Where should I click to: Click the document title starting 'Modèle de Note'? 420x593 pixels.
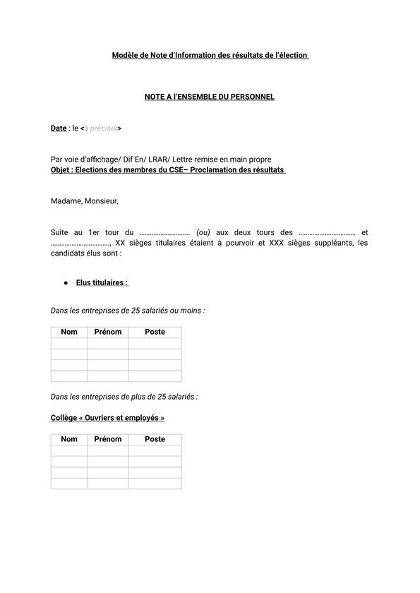[x=210, y=55]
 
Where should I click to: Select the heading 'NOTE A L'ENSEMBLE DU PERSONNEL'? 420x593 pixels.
[x=210, y=97]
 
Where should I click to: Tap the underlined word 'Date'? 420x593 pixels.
[x=58, y=128]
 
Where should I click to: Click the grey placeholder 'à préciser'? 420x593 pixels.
[x=101, y=128]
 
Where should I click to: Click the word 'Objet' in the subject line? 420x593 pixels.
[x=61, y=170]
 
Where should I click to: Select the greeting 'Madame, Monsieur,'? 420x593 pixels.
[x=85, y=201]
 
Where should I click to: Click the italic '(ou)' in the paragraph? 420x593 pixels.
[x=203, y=232]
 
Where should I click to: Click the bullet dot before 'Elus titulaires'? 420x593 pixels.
[x=66, y=283]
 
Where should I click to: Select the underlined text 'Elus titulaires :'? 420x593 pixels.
[x=102, y=283]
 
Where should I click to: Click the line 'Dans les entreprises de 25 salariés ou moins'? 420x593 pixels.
[x=128, y=311]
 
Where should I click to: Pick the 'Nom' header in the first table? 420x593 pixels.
[x=69, y=332]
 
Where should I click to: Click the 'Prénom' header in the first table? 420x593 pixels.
[x=108, y=332]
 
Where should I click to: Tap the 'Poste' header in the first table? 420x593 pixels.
[x=155, y=332]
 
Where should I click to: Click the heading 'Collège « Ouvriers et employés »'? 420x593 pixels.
[x=107, y=418]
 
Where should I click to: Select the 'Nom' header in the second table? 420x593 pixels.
[x=69, y=439]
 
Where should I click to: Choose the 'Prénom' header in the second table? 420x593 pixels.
[x=108, y=439]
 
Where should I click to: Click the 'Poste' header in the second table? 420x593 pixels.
[x=155, y=439]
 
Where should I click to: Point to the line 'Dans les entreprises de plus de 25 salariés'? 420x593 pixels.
[x=124, y=397]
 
